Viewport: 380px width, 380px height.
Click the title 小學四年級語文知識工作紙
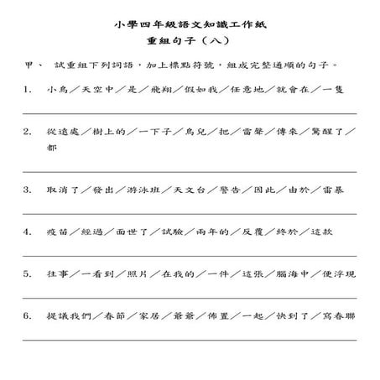[189, 25]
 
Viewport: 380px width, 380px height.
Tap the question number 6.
[28, 316]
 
